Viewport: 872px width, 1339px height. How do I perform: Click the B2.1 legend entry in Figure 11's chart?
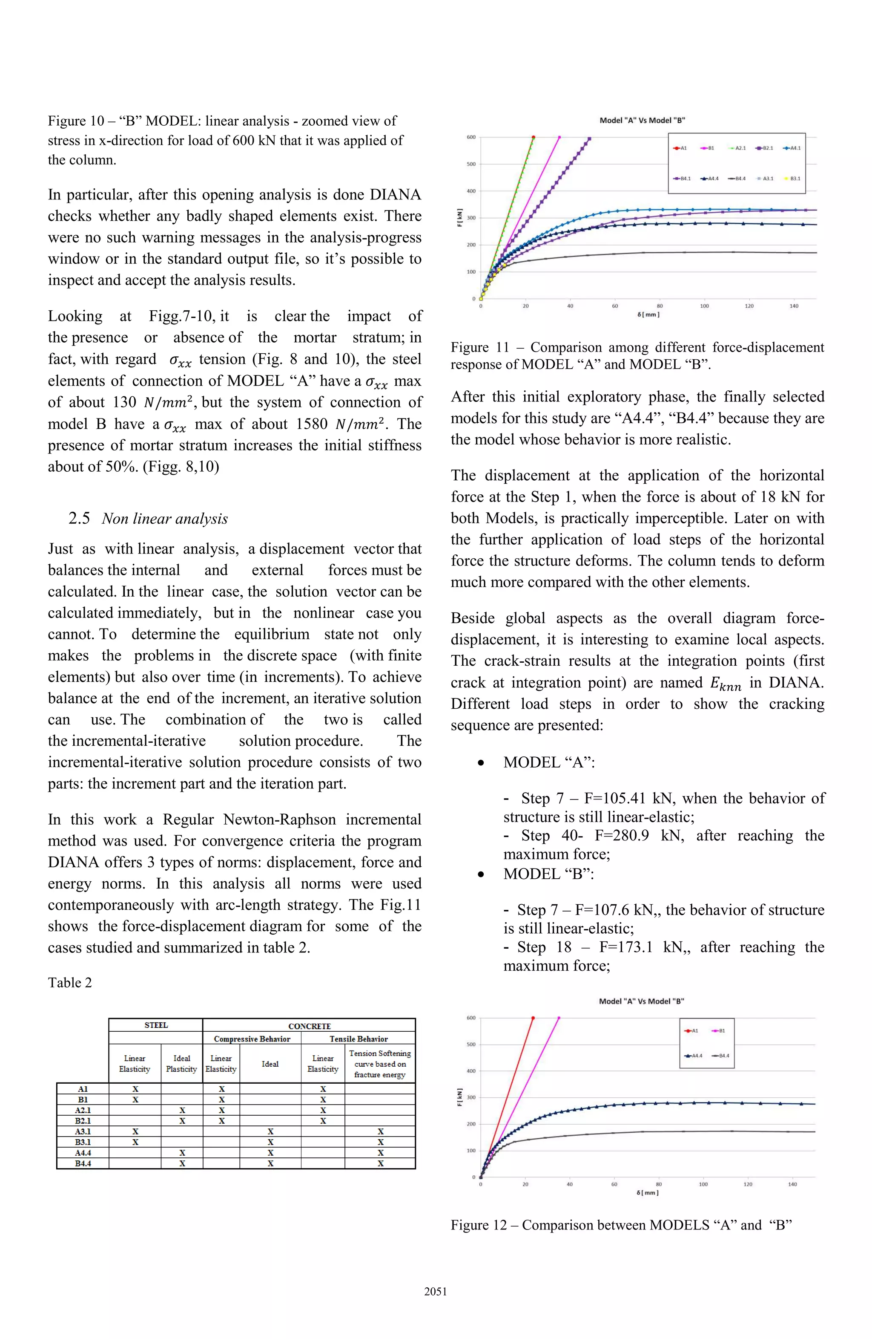[765, 148]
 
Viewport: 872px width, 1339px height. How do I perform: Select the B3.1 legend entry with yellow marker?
[793, 178]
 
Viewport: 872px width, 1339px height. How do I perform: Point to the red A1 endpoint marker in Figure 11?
[534, 137]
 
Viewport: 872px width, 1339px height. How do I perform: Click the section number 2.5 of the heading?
[79, 518]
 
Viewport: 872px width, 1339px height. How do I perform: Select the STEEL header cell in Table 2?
[156, 1025]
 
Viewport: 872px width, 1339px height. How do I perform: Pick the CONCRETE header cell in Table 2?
[309, 1026]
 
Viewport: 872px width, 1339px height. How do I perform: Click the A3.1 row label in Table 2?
[83, 1131]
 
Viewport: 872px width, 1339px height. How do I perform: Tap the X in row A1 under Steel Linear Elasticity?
[135, 1089]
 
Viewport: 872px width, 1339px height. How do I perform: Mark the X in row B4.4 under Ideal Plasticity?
[182, 1163]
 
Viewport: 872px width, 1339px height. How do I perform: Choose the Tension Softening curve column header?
[380, 1064]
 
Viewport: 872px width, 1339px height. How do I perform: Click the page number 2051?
[436, 1292]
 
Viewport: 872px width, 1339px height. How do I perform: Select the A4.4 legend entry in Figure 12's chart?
[694, 1056]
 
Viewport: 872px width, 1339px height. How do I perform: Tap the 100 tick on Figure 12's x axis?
[703, 1184]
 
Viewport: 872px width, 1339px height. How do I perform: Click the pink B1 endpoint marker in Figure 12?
[558, 1018]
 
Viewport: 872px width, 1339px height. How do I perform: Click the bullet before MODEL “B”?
[481, 874]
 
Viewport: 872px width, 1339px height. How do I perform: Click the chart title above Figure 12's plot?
[642, 1001]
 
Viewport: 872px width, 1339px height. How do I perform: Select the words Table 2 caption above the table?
[70, 982]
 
